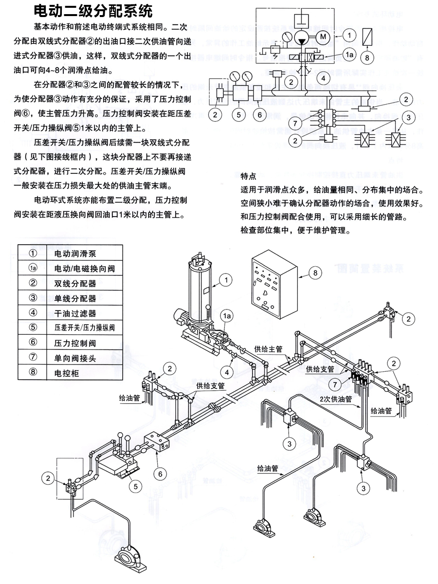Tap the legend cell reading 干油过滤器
(x=74, y=313)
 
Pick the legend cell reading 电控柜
(x=68, y=373)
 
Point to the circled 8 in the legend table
(x=33, y=373)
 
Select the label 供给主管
(x=268, y=349)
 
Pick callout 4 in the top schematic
(x=321, y=78)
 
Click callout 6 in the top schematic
(x=260, y=115)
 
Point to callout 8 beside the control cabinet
(x=315, y=273)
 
